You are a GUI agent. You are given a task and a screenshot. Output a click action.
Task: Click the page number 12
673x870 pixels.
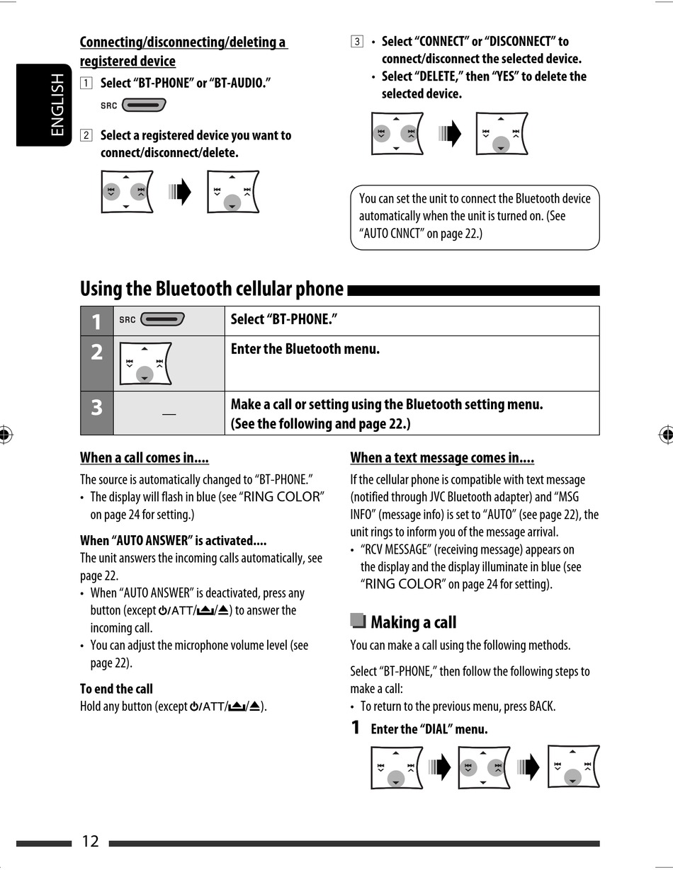click(x=90, y=841)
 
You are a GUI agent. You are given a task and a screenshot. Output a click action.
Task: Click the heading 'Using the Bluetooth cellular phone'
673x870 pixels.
click(x=211, y=289)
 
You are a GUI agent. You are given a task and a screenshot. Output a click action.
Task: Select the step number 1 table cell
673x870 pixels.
click(x=96, y=321)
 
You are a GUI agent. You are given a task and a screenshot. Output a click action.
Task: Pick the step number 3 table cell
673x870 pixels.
click(x=96, y=408)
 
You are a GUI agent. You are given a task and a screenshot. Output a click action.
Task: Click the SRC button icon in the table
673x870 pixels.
click(x=162, y=319)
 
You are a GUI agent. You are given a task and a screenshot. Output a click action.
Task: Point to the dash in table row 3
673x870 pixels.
click(x=169, y=413)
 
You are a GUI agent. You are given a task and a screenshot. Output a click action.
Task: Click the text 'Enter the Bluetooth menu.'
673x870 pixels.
click(x=305, y=349)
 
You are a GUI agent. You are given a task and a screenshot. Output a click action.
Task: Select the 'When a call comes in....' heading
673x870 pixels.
click(x=144, y=458)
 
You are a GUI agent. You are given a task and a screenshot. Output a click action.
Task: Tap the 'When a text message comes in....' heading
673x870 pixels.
click(x=442, y=458)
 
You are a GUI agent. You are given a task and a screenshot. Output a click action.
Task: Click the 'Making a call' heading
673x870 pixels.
click(x=413, y=623)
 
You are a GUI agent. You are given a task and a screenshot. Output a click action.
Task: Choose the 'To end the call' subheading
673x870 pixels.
click(x=116, y=689)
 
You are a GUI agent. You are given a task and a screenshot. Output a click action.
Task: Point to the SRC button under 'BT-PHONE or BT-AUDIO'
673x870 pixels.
click(x=143, y=105)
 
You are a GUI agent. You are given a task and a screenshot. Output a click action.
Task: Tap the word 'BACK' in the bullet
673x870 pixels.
click(x=542, y=706)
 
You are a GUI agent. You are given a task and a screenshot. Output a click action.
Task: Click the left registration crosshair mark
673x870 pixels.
click(x=6, y=435)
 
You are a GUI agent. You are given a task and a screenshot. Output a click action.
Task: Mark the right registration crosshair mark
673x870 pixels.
click(x=666, y=435)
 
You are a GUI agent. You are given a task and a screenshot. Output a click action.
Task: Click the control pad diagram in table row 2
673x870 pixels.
click(x=145, y=364)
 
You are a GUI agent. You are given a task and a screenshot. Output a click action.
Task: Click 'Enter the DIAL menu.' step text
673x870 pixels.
click(x=429, y=729)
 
